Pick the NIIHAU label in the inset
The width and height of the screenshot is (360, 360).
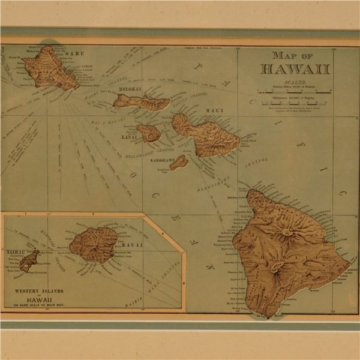(x=15, y=253)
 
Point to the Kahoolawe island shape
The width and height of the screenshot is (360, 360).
(x=178, y=163)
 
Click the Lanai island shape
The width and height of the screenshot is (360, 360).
(x=149, y=133)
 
